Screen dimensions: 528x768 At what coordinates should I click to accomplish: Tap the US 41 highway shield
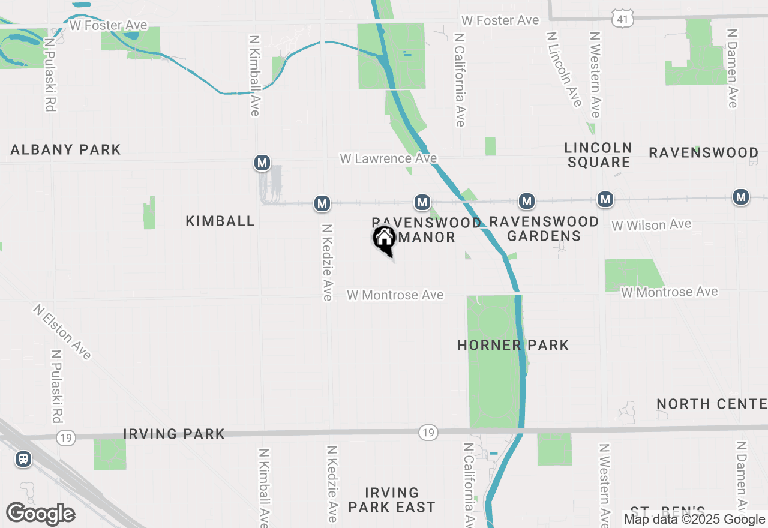622,20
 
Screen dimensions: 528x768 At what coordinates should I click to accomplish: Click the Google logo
41,514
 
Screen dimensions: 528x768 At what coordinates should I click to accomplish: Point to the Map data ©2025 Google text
695,520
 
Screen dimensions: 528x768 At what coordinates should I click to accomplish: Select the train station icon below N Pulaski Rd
23,459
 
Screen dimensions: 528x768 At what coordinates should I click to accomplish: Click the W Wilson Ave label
651,225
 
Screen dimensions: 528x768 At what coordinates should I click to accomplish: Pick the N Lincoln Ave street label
564,69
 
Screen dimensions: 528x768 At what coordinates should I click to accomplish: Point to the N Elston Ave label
62,332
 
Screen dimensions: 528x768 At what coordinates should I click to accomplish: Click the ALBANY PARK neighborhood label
65,149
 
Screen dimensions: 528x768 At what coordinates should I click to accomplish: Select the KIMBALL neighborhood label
220,221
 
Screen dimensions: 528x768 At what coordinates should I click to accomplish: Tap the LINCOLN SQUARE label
598,155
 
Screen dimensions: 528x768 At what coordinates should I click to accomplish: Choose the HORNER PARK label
513,345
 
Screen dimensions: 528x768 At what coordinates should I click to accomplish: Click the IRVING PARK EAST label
391,500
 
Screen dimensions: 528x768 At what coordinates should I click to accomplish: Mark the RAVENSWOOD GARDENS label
544,229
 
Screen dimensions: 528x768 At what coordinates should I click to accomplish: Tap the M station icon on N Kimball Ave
262,163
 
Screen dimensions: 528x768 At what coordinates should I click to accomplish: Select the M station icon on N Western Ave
605,199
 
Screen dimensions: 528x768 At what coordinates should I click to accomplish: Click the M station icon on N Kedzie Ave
322,203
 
